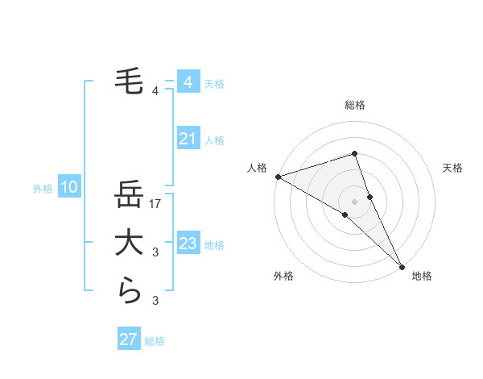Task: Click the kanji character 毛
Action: tap(129, 81)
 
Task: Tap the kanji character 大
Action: tap(129, 244)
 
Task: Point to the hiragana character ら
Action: tap(129, 291)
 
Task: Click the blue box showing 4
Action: tap(188, 82)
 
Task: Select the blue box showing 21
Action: tap(188, 140)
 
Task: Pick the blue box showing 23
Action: tap(188, 244)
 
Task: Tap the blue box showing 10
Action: tap(69, 188)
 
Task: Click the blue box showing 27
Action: tap(128, 339)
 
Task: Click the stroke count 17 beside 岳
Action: tap(156, 204)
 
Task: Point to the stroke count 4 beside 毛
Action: tap(155, 90)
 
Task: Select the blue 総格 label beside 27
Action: tap(155, 341)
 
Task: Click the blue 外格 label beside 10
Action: tap(43, 189)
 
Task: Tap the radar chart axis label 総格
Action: tap(354, 105)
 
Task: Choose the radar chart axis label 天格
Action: tap(453, 168)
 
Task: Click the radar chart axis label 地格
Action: tap(422, 276)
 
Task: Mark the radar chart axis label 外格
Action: tap(283, 276)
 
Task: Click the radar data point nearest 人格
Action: tap(278, 177)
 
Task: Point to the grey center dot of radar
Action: tap(354, 201)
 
